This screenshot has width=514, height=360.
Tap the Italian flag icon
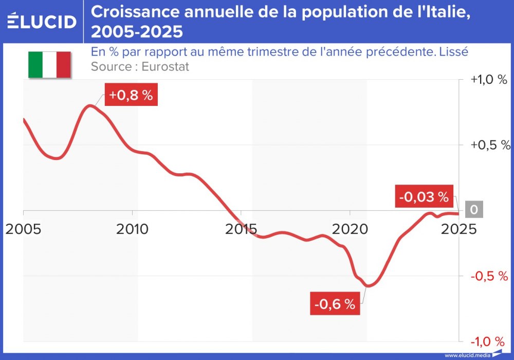coord(49,65)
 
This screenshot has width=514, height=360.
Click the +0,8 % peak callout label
coord(131,96)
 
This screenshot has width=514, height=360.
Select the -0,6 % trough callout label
coord(335,304)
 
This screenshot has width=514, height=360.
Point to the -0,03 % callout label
coord(424,196)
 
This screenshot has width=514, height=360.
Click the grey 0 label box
coord(474,210)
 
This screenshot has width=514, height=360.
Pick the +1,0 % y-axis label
coord(489,80)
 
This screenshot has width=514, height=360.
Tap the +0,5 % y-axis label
coord(489,145)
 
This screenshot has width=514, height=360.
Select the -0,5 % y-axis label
coord(489,276)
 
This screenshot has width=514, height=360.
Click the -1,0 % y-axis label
coord(489,341)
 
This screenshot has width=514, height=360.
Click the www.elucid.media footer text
coord(467,355)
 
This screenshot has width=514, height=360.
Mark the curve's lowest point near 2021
coord(369,286)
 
